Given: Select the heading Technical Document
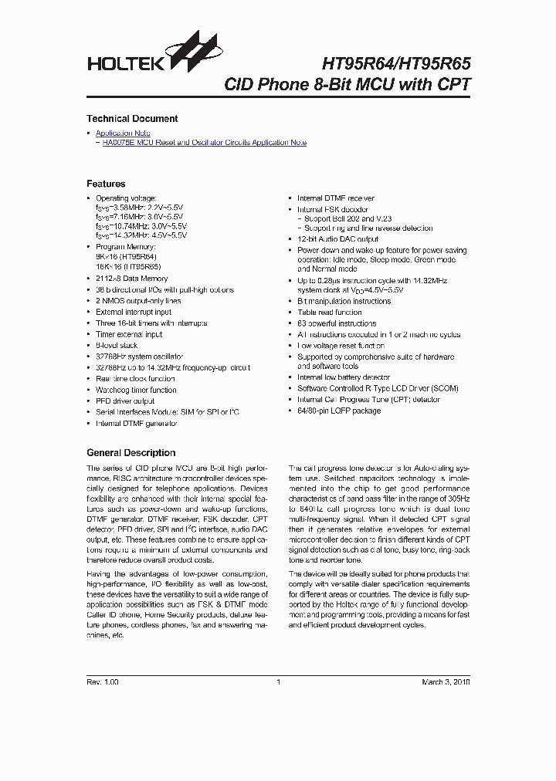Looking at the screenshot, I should tap(132, 119).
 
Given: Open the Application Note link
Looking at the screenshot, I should tap(123, 134).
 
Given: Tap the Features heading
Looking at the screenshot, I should tap(106, 184).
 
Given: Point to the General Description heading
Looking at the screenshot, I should tap(131, 453).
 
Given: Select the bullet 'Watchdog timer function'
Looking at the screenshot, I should tap(136, 390).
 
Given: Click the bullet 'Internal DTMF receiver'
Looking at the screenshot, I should tap(335, 198).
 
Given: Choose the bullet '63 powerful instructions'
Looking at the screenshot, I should tap(337, 323).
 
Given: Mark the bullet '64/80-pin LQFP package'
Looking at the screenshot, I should tap(339, 411).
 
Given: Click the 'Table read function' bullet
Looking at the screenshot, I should tap(329, 313).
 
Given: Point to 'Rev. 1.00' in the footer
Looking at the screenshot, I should tap(103, 682).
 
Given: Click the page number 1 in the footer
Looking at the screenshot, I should tap(278, 682).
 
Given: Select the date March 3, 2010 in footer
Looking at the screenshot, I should tap(446, 682).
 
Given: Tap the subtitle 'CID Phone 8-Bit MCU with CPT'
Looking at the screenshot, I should tap(347, 85).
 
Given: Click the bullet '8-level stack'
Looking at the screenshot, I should tap(117, 346).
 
